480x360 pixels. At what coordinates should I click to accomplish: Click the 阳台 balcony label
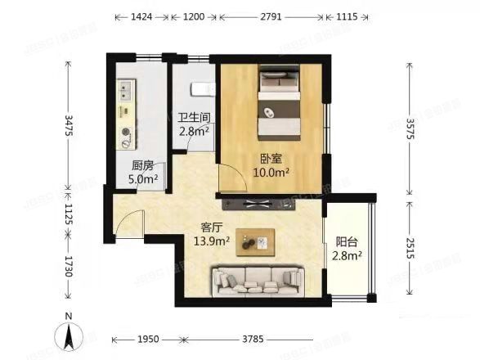[347, 242]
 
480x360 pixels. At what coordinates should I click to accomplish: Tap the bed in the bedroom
[278, 103]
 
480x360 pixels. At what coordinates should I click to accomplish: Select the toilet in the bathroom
[201, 88]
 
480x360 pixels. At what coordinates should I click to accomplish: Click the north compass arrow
[71, 334]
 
